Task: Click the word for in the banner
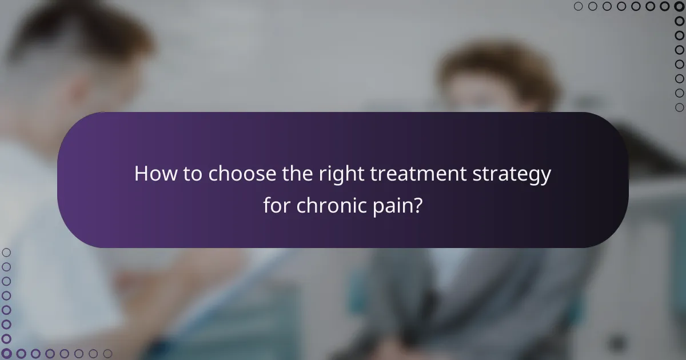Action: [277, 205]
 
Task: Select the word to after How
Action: [191, 174]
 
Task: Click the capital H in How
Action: [141, 174]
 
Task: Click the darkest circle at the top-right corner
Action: [679, 6]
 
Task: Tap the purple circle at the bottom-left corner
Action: [6, 354]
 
